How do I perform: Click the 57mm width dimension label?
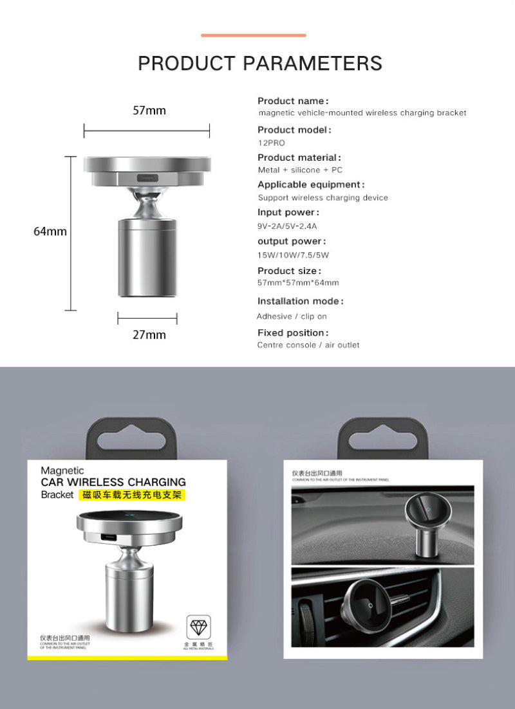[x=149, y=111]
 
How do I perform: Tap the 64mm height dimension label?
[x=50, y=231]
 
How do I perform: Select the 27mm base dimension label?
[x=149, y=335]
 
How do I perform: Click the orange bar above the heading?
[x=254, y=35]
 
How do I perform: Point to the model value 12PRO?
[x=271, y=143]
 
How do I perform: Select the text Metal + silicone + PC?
[x=300, y=170]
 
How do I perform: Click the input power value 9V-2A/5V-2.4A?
[x=287, y=226]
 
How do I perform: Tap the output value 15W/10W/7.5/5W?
[x=293, y=255]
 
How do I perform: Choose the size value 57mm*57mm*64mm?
[x=298, y=283]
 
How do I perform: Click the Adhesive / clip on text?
[x=292, y=316]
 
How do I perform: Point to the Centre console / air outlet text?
[x=308, y=345]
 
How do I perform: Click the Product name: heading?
[x=293, y=101]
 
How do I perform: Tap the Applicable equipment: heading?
[x=311, y=185]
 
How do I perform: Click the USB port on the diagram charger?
[x=147, y=177]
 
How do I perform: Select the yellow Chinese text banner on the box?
[x=133, y=495]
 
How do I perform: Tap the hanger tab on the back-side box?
[x=382, y=438]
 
